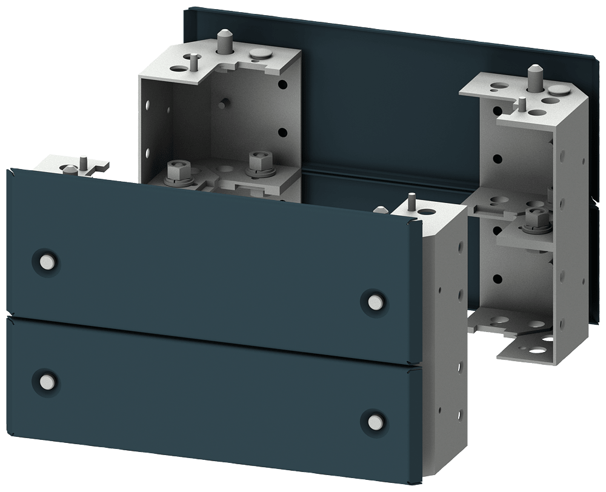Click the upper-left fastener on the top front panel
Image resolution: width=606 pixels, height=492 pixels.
[45, 261]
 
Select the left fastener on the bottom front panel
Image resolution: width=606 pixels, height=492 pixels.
[45, 381]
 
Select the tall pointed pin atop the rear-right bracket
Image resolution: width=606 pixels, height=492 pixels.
[535, 76]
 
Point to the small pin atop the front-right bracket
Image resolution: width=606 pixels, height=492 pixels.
[412, 199]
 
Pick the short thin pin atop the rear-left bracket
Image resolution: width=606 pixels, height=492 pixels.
[193, 61]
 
